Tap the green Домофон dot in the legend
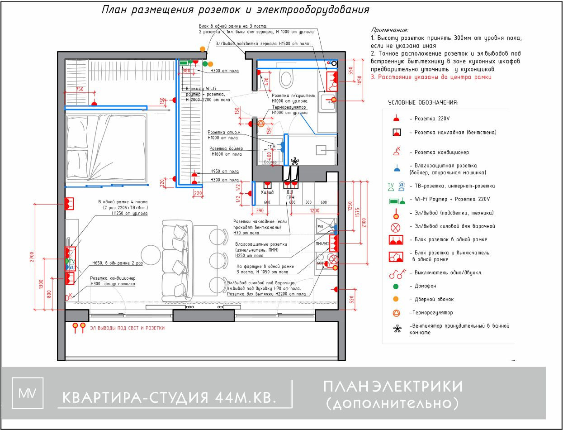click(x=396, y=286)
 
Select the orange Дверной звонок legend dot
click(x=396, y=299)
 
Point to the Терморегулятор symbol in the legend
click(x=396, y=313)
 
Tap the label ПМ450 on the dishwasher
click(x=322, y=244)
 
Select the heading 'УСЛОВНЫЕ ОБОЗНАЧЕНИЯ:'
click(x=423, y=103)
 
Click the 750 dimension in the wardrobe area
click(x=80, y=90)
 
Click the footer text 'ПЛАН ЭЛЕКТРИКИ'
click(x=393, y=386)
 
